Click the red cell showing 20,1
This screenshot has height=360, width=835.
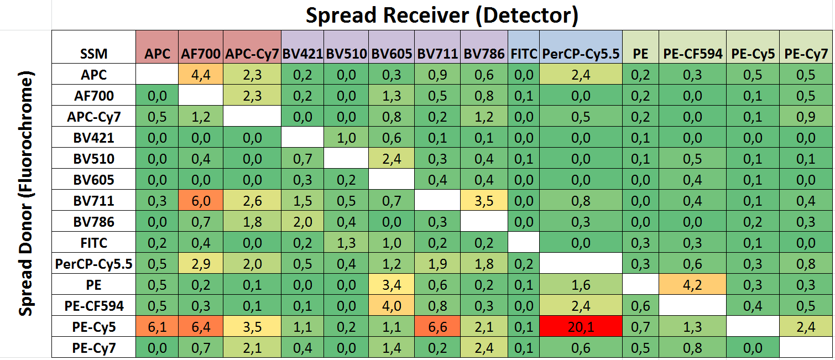581,328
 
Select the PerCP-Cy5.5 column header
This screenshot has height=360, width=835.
581,54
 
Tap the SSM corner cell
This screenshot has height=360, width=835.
93,54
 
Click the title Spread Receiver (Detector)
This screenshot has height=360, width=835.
442,15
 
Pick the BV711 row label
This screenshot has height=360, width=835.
93,201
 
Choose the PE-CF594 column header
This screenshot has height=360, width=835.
692,54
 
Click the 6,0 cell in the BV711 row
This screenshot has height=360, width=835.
201,201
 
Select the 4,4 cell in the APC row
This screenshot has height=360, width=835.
201,75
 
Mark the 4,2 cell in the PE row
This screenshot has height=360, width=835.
692,286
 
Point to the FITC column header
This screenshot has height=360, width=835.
523,54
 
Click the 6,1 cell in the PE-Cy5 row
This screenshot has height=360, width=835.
157,328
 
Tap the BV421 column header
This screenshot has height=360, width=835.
302,54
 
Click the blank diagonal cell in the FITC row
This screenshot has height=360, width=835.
523,243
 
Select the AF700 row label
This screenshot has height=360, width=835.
93,96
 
